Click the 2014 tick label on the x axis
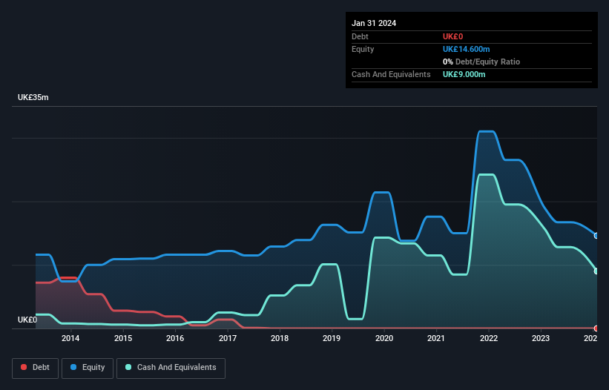[70, 339]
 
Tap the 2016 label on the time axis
[175, 339]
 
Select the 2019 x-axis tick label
[332, 339]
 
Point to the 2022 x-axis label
[488, 339]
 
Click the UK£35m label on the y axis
[33, 98]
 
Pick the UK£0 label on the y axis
[27, 320]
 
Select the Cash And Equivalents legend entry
[171, 368]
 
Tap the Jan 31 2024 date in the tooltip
[374, 23]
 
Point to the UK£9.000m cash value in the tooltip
[464, 74]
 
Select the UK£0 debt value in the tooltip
[452, 36]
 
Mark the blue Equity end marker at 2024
[596, 236]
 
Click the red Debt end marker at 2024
[596, 328]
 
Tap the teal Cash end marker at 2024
[596, 271]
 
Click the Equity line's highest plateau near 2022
[486, 131]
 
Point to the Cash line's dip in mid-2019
[355, 319]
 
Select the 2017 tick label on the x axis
[227, 339]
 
